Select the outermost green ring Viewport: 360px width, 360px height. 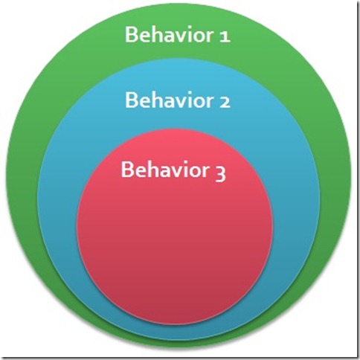[x=22, y=173]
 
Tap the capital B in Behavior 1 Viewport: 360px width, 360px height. [x=130, y=35]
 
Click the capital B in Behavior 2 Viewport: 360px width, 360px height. [x=130, y=100]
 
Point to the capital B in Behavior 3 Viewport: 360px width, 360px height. [x=126, y=169]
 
